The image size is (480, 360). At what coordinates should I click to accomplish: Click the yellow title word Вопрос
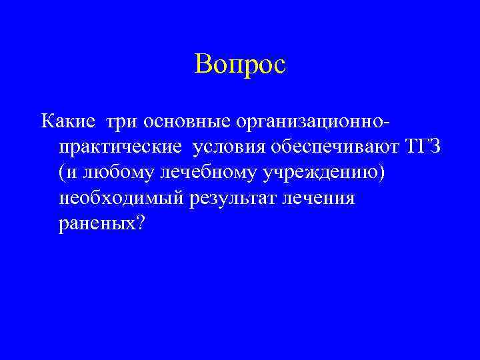click(x=240, y=65)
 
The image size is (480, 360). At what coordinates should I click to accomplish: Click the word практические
click(x=113, y=147)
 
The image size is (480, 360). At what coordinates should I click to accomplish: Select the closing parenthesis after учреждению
click(x=383, y=173)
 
